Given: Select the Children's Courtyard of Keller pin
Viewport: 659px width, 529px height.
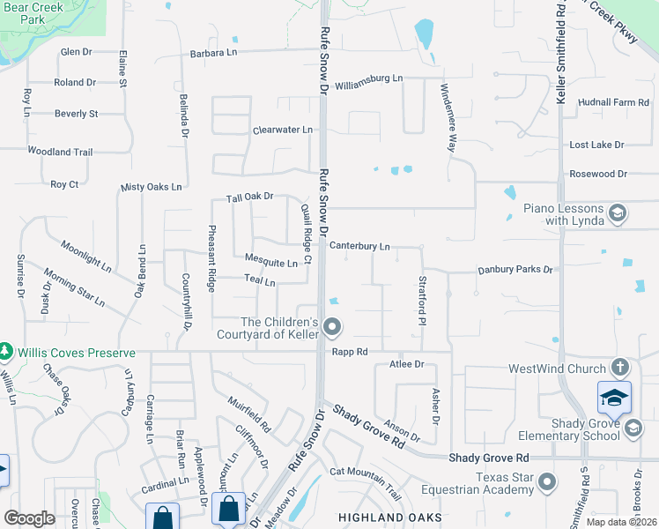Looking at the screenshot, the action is point(332,328).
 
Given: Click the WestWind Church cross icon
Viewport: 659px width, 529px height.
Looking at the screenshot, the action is point(620,368).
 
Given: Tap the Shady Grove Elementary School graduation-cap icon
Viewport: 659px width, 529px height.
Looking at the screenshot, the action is point(614,398).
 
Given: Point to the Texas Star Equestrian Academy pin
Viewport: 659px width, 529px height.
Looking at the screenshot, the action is point(547,482).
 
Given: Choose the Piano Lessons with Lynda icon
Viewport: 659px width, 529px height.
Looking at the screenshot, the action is point(618,212).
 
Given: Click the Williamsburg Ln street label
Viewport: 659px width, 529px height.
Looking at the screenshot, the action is point(369,78).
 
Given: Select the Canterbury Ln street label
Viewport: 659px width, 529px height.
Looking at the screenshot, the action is point(359,247).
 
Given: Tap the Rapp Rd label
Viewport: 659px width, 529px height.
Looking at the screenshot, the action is point(349,351).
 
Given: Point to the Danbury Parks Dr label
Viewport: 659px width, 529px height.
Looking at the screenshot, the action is point(515,270).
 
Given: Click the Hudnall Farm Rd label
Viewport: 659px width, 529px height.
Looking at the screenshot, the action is point(613,103).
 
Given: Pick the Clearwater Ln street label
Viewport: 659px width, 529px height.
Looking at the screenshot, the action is point(282,130).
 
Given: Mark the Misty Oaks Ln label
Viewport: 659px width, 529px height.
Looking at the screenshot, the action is point(150,187).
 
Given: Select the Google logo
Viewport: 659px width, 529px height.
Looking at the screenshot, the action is point(29,518).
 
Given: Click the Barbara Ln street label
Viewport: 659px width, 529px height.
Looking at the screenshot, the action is point(214,54).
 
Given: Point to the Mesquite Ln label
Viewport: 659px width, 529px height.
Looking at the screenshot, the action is point(270,263).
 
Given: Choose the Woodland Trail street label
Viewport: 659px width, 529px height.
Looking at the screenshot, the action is point(60,152).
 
